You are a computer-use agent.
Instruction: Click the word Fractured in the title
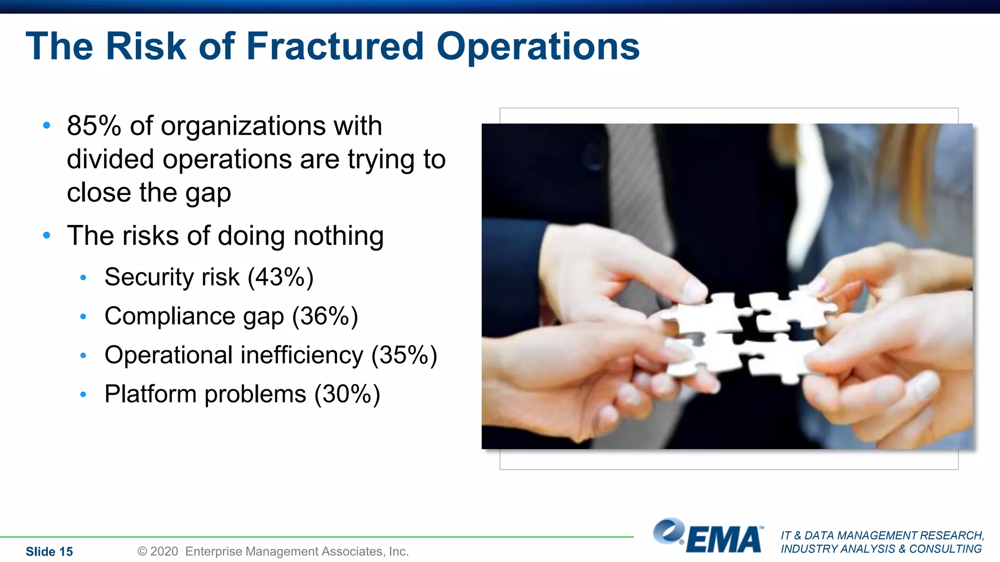point(335,47)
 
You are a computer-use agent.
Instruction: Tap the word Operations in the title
point(538,47)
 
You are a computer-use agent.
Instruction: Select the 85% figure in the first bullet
point(94,126)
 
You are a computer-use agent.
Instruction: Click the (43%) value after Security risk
point(280,277)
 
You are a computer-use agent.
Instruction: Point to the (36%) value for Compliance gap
point(325,316)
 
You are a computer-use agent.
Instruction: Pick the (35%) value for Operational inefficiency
point(404,355)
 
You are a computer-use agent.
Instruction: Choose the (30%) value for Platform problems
point(347,394)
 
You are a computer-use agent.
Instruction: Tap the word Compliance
point(169,316)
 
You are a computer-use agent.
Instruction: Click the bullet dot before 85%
point(46,126)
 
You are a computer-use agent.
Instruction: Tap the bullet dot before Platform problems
point(83,394)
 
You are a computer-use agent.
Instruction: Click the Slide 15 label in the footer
point(49,552)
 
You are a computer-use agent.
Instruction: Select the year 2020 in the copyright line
point(164,552)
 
